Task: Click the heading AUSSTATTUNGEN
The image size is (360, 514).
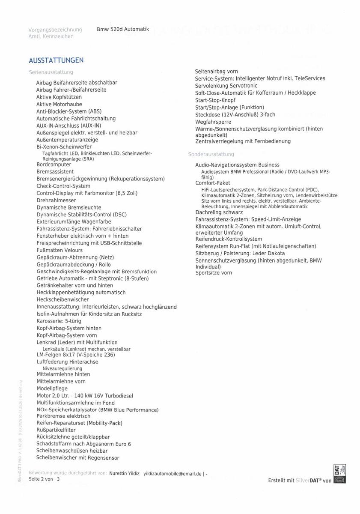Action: click(56, 60)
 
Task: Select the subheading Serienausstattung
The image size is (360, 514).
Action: click(51, 72)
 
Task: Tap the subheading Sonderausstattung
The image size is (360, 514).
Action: click(211, 154)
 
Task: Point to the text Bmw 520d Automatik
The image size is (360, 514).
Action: click(123, 29)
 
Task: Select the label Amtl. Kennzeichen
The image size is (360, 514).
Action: click(51, 36)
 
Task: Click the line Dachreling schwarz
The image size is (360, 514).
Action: click(219, 212)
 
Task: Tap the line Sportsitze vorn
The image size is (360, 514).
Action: click(214, 273)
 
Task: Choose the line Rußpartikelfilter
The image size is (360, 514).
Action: click(56, 430)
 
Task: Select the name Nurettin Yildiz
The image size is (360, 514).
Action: click(125, 473)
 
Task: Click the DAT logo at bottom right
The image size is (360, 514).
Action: click(339, 475)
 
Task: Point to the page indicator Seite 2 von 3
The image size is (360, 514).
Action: click(45, 479)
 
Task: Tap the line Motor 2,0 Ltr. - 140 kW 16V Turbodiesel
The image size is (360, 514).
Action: click(85, 395)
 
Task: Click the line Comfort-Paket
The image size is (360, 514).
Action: click(213, 183)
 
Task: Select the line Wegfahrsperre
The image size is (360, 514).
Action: click(213, 122)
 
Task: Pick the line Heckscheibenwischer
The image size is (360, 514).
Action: click(62, 299)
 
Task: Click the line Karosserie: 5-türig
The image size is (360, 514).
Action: click(59, 321)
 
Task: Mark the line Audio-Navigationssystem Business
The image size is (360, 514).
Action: click(237, 165)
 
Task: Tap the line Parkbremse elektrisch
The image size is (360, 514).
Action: click(63, 416)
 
